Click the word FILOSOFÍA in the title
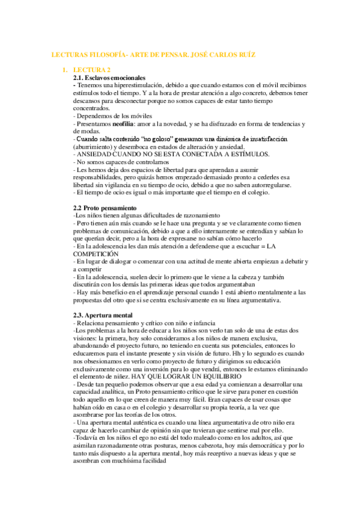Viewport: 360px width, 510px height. [100, 55]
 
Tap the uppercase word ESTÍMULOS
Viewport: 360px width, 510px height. [229, 154]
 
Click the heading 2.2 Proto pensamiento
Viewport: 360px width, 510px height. [103, 207]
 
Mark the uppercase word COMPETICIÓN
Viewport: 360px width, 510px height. [96, 254]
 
